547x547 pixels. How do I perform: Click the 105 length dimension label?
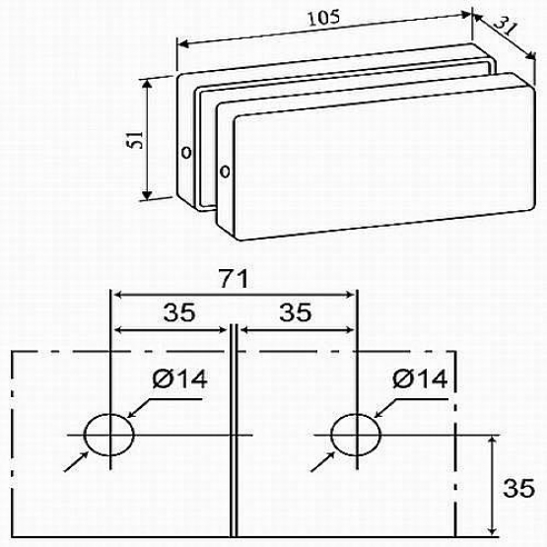tap(323, 18)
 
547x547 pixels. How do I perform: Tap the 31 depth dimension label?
tap(505, 27)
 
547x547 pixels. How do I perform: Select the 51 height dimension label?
tap(136, 140)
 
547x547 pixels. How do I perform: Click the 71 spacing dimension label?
tap(233, 278)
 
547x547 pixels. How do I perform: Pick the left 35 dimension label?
tap(179, 312)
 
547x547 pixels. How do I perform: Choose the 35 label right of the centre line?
tap(295, 312)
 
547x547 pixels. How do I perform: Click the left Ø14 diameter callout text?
tap(180, 378)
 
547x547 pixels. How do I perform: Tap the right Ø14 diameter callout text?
tap(420, 378)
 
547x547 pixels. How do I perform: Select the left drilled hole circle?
tap(84, 435)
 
